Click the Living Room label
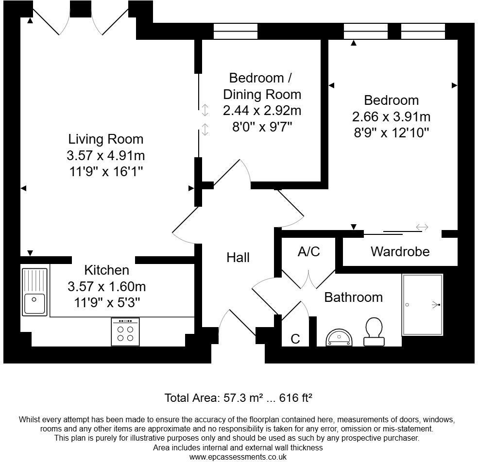(105, 139)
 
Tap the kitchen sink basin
(34, 303)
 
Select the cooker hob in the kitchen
(125, 331)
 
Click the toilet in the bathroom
(374, 331)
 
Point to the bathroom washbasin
(339, 337)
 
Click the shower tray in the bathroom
(422, 305)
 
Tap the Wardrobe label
(400, 251)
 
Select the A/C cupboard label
(309, 251)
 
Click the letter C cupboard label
(295, 339)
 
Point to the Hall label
(238, 258)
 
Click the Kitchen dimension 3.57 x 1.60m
(107, 287)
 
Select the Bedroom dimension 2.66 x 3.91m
(391, 116)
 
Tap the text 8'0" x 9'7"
(262, 127)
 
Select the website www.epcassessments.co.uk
(238, 457)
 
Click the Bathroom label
(353, 297)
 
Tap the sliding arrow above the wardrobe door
(422, 227)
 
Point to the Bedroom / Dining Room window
(235, 32)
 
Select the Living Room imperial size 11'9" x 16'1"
(106, 171)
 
